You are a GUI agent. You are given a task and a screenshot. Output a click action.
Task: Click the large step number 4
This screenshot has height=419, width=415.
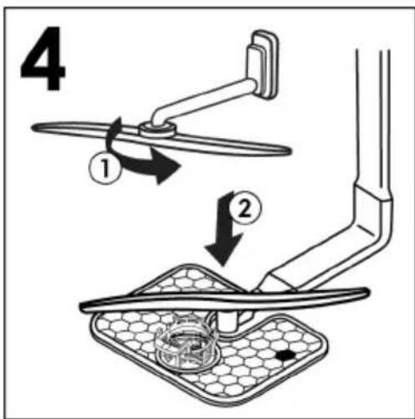[44, 59]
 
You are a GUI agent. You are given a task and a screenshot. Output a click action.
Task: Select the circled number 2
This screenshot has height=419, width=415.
[245, 207]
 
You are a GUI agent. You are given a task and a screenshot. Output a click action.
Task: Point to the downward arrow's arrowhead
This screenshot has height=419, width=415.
[223, 251]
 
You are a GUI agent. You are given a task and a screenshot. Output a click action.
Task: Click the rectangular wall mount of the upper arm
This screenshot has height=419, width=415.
[263, 64]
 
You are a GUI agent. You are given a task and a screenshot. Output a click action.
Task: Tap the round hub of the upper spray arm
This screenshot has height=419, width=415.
[157, 130]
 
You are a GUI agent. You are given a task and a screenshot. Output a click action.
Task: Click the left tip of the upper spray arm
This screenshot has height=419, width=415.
[33, 128]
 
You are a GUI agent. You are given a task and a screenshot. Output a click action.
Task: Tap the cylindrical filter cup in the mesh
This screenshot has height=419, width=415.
[187, 345]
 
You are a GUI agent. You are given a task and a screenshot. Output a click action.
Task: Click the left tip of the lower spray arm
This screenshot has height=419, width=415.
[82, 306]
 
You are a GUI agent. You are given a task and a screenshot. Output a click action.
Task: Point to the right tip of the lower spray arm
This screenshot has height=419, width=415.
[367, 293]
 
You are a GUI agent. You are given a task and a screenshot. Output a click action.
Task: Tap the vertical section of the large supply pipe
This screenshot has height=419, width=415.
[372, 117]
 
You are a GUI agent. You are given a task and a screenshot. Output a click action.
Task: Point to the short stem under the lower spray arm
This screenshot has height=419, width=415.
[228, 320]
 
